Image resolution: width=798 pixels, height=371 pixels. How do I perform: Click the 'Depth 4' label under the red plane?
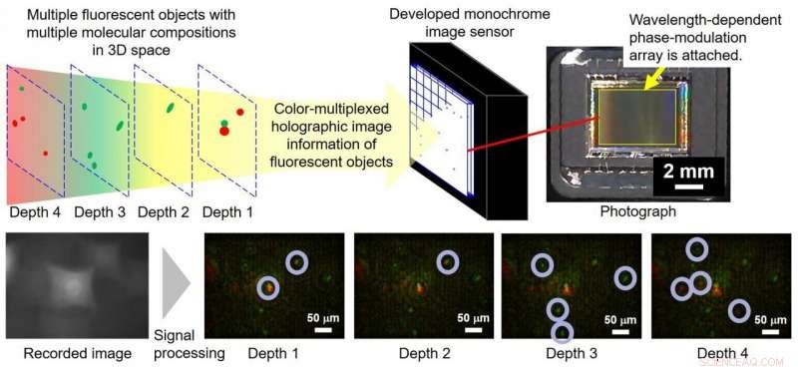click(x=33, y=212)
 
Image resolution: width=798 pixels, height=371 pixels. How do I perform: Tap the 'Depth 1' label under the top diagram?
click(x=227, y=212)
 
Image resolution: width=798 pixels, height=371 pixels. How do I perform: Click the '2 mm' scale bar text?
click(x=687, y=171)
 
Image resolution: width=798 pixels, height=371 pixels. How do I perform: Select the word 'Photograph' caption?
click(x=637, y=211)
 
